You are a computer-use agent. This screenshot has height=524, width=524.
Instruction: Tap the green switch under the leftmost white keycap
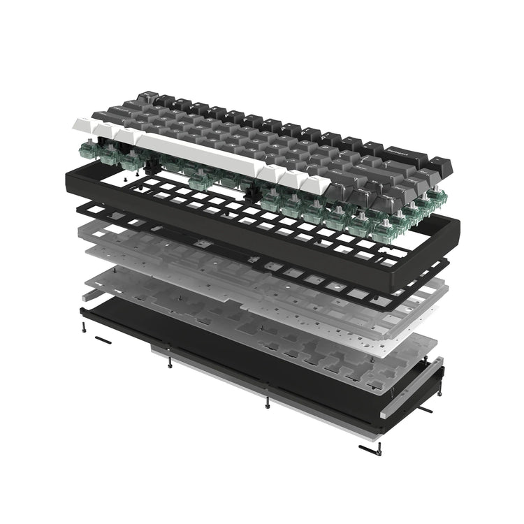[89, 146]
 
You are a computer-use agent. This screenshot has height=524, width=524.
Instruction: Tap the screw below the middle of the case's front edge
[267, 403]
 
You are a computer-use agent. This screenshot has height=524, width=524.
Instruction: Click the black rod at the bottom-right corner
[369, 449]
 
